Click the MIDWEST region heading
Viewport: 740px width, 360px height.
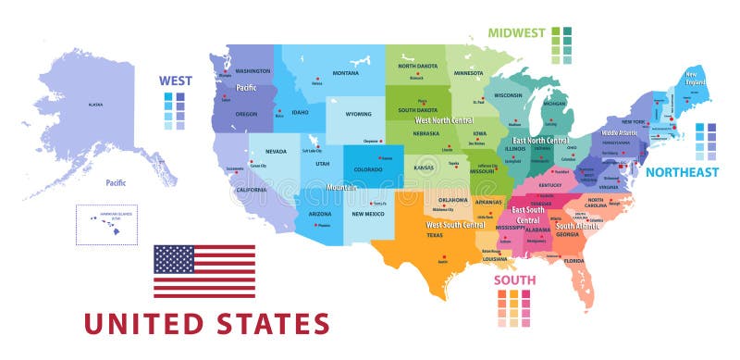[516, 32]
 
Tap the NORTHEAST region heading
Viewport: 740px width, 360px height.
[681, 172]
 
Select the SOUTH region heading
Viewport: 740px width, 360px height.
[513, 280]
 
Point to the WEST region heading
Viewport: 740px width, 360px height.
[175, 81]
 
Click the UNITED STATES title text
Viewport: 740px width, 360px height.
[206, 323]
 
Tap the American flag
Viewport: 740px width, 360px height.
[203, 271]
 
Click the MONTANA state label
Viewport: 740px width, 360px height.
[345, 73]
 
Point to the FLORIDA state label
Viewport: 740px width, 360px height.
[575, 261]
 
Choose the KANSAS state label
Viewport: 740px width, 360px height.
[423, 168]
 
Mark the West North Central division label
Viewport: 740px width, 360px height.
[446, 120]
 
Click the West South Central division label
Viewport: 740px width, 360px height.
[454, 225]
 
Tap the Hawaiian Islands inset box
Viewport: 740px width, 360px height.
[106, 225]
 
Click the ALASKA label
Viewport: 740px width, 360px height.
[95, 105]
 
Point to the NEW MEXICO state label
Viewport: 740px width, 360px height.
[368, 213]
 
